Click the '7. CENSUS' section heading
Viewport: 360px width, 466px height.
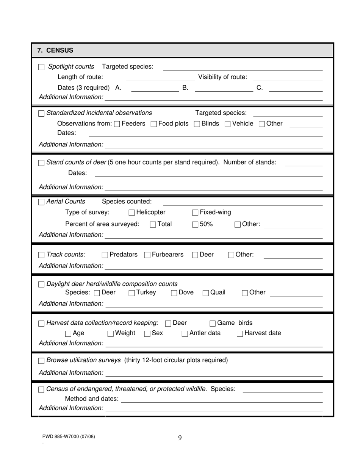pos(55,50)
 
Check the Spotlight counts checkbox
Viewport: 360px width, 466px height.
pos(41,67)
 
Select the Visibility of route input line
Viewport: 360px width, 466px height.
pos(290,78)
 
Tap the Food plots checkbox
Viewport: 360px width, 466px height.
pos(153,124)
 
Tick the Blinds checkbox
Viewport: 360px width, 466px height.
pos(197,124)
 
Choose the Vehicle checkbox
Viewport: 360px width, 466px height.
pos(227,124)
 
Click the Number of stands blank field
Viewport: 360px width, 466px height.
pos(303,163)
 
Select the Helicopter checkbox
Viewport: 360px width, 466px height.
pos(131,213)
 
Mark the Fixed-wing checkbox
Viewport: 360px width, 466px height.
pos(195,213)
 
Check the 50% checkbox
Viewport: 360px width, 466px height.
pos(195,225)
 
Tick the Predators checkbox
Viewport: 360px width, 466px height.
pos(105,255)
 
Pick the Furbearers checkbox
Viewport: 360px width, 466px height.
pos(147,255)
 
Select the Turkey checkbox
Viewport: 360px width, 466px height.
pos(131,293)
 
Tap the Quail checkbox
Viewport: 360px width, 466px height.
pos(205,293)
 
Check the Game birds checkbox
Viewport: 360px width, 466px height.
pos(213,324)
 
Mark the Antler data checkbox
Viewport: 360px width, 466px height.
pos(185,334)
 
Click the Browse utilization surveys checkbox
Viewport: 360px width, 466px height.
pos(41,361)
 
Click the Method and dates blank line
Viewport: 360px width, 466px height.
pos(222,399)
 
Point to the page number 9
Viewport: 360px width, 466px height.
pos(180,438)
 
